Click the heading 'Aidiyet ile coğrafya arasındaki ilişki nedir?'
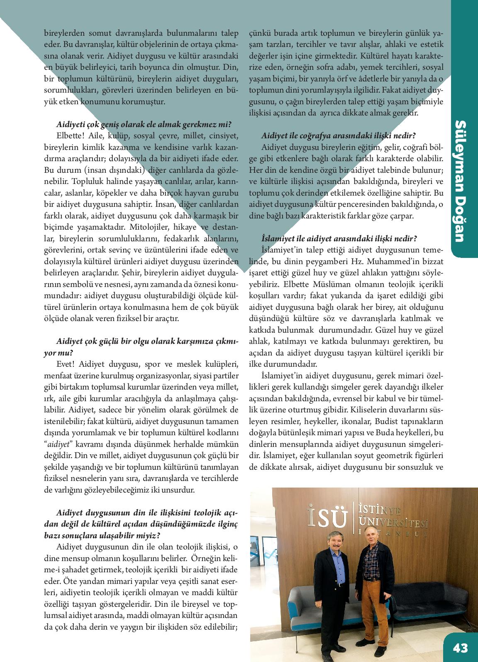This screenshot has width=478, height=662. tap(339, 135)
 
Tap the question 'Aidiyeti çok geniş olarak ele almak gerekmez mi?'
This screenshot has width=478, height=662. tap(144, 125)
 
